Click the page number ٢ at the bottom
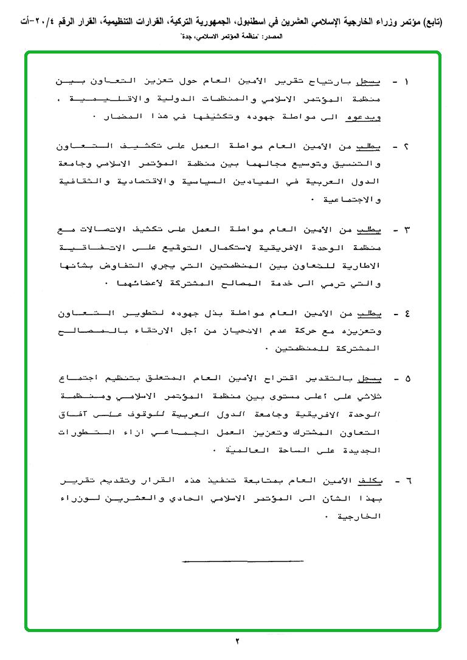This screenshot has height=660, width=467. tap(238, 641)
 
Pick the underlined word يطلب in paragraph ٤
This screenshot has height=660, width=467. tap(377, 314)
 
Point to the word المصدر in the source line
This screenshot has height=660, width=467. tap(272, 36)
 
